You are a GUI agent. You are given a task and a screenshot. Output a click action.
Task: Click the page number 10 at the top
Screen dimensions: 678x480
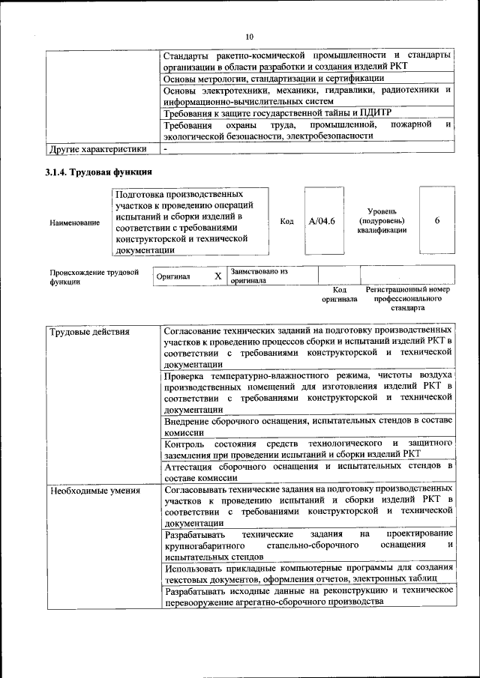pos(250,36)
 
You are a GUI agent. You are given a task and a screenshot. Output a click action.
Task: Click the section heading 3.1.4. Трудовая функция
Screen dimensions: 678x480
pos(99,173)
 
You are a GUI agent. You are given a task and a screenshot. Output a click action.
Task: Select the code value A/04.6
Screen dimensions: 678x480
pos(322,221)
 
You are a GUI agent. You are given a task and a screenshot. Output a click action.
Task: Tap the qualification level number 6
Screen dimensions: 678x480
pos(436,221)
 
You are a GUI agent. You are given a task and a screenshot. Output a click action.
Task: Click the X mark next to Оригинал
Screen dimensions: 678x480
pos(217,276)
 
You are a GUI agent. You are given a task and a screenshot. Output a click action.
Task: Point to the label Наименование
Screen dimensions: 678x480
pos(74,223)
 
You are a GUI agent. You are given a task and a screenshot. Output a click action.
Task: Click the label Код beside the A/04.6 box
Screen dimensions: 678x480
pos(286,221)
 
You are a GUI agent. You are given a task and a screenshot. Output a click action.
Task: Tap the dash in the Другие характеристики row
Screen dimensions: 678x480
pos(166,148)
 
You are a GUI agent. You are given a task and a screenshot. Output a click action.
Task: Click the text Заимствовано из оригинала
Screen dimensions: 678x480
pos(259,276)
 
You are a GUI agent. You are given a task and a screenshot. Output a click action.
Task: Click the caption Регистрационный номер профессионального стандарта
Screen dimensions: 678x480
pos(407,298)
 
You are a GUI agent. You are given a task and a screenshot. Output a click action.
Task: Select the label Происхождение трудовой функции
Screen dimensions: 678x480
pos(94,276)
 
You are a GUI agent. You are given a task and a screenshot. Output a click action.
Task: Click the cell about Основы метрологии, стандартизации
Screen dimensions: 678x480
pos(274,78)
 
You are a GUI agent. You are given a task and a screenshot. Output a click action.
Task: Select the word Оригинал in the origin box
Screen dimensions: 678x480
pos(173,276)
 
